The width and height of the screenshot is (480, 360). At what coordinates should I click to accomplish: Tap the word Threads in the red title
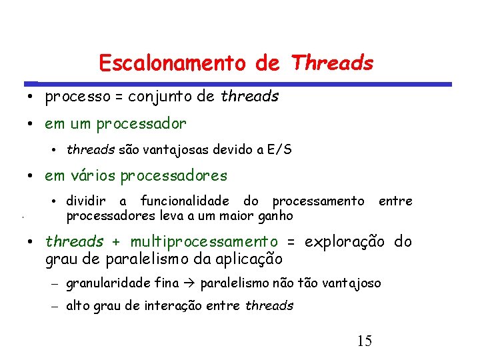click(x=332, y=63)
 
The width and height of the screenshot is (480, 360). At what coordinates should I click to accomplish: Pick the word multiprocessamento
click(x=204, y=241)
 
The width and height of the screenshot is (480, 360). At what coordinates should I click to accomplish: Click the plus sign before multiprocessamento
click(x=117, y=241)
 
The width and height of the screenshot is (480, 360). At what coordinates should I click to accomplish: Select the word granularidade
click(x=109, y=283)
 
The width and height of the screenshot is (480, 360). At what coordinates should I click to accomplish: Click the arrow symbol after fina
click(x=190, y=283)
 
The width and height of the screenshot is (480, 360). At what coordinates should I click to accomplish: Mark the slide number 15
click(x=364, y=341)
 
